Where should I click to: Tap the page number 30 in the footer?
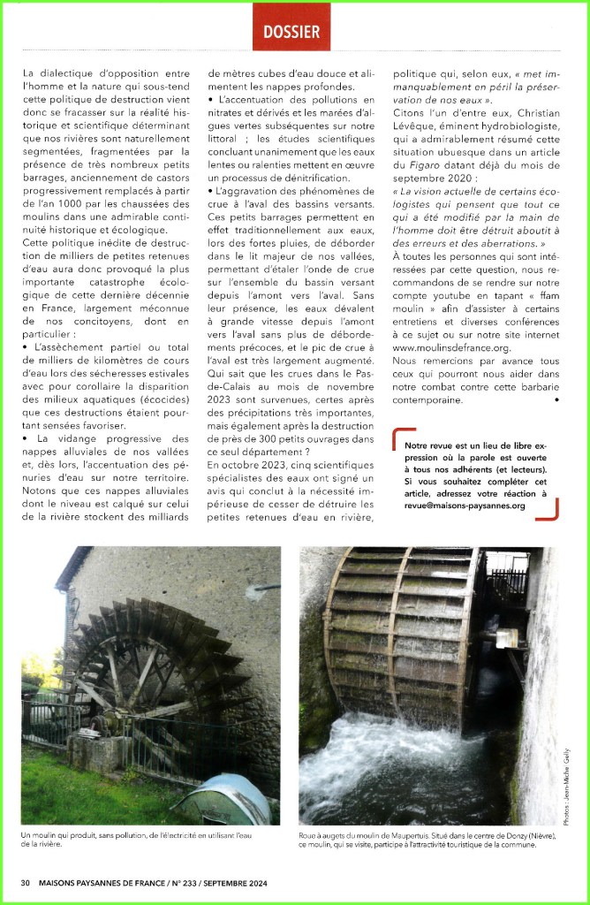(26, 882)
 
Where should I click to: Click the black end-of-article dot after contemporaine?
(556, 400)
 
